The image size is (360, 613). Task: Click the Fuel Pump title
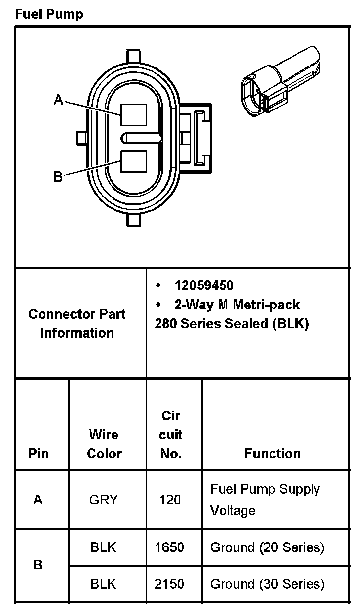pos(49,14)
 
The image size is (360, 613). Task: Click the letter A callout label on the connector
pos(58,100)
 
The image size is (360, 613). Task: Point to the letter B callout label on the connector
pos(58,176)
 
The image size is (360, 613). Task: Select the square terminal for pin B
pos(134,161)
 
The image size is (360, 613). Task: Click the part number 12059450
pos(204,285)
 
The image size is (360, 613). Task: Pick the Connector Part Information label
pos(77,323)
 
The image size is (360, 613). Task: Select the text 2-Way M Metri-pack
pos(237,305)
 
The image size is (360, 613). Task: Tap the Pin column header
pos(39,453)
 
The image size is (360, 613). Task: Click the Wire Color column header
pos(104,443)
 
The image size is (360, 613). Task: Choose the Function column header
pos(272,453)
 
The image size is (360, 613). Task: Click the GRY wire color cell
pos(104,500)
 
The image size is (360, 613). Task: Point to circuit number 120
pos(170,500)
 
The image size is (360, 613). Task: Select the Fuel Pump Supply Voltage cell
pos(265,500)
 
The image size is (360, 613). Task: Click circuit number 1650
pos(170,547)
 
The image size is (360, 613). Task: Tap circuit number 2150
pos(170,584)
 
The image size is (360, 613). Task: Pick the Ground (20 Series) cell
pos(267,547)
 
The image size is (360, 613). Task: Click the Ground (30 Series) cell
pos(267,584)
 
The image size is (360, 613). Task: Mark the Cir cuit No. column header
pos(171,435)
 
